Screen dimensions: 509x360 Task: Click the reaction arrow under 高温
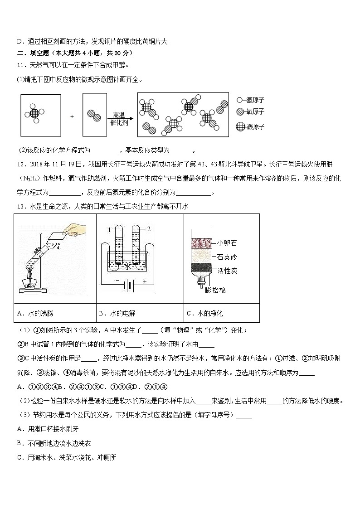[122, 116]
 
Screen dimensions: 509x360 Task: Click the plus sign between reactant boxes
[72, 116]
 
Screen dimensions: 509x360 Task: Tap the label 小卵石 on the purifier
[227, 243]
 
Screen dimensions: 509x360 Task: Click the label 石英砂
[227, 257]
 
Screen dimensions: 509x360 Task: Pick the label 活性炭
[227, 271]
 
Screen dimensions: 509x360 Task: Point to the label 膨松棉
[215, 290]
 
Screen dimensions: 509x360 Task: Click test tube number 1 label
[109, 231]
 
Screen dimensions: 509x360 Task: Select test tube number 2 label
[148, 229]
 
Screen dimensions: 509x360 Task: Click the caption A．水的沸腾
[35, 313]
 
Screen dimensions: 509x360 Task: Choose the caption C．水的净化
[205, 313]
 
